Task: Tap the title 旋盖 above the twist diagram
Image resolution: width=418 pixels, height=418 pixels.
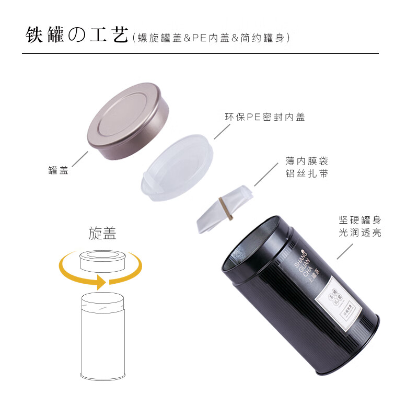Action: (x=102, y=234)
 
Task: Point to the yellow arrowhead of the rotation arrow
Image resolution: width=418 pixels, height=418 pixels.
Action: (x=100, y=282)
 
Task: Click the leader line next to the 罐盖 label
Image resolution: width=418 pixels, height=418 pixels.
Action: (x=79, y=159)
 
